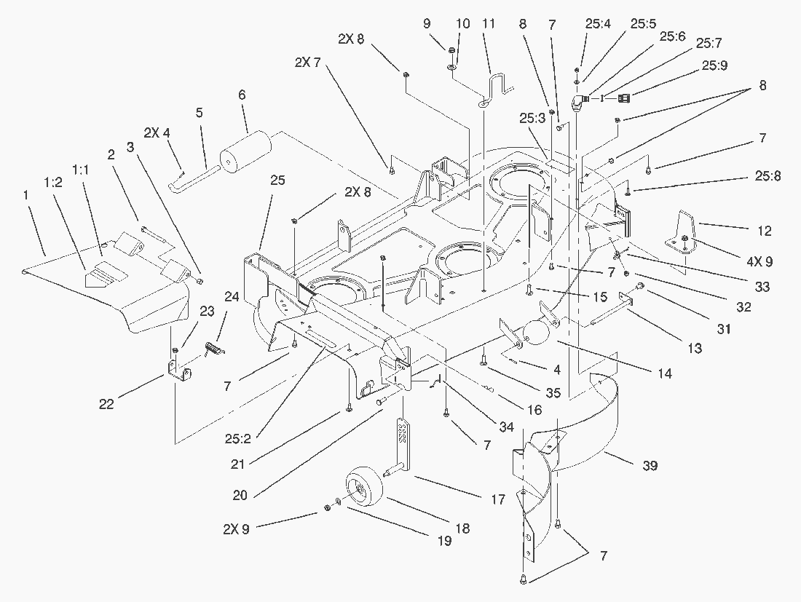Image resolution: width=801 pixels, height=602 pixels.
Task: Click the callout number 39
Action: tap(650, 466)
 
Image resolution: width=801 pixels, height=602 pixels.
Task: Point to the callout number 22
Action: tap(106, 404)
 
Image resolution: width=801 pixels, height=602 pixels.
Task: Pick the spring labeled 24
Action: tap(215, 349)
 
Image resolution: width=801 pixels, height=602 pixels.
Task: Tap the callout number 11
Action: tap(488, 24)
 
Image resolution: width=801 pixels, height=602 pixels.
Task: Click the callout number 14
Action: tap(665, 374)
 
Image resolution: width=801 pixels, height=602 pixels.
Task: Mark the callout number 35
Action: tap(553, 394)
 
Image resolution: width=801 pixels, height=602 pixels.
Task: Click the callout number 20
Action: tap(240, 495)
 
